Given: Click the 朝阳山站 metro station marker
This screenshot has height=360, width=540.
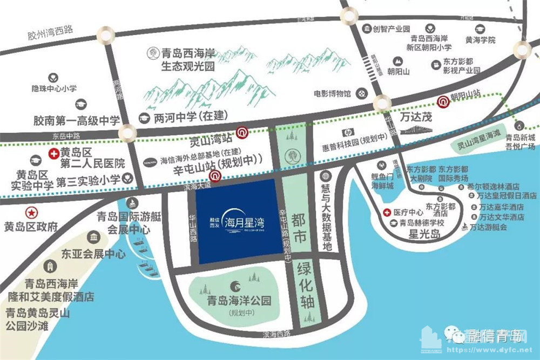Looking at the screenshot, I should tap(442, 100).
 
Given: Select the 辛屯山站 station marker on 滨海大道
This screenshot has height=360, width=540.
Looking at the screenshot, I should tap(215, 175).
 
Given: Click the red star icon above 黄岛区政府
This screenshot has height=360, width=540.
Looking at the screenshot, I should tap(31, 212).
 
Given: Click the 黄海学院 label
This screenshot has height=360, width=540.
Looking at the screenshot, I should tap(480, 40).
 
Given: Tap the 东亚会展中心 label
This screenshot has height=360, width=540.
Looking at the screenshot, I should tap(93, 254).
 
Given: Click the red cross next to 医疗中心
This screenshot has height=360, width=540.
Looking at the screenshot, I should tap(387, 212).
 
